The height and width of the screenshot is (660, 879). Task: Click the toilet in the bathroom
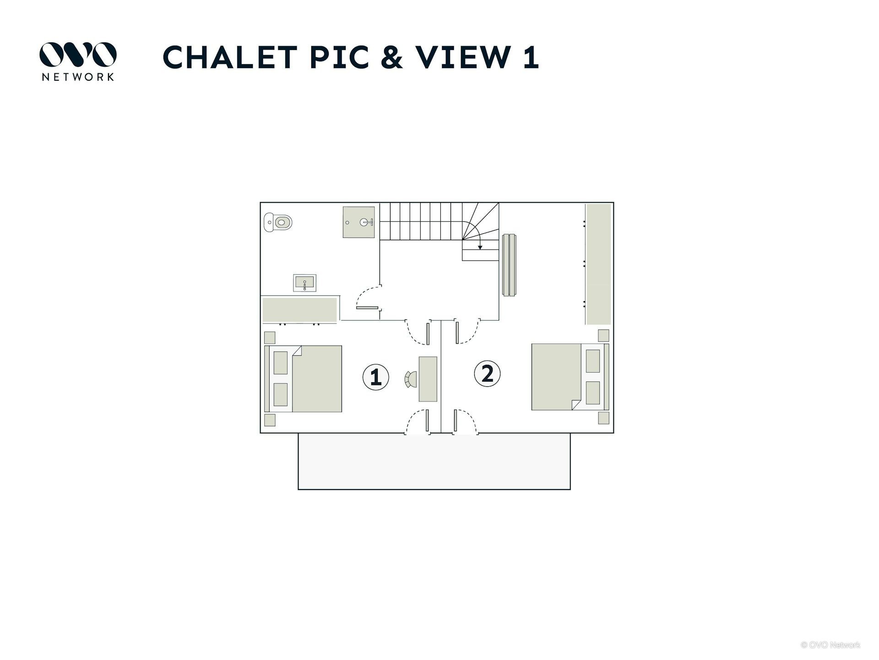(278, 222)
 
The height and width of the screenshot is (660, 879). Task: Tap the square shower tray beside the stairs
(358, 222)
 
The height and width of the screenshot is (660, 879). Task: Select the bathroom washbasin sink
(304, 283)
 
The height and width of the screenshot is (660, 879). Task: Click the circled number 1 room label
(375, 377)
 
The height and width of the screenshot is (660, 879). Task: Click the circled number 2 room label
(487, 374)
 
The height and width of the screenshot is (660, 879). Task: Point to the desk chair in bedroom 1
(411, 379)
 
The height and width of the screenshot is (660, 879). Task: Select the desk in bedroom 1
(428, 379)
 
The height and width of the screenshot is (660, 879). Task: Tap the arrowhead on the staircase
(480, 247)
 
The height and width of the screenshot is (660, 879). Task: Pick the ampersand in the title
(391, 58)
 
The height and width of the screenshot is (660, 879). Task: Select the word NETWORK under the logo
(78, 77)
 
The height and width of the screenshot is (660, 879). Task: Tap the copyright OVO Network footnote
(830, 645)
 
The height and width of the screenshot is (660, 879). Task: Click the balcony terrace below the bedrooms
(434, 461)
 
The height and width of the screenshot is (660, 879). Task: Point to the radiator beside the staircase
(509, 265)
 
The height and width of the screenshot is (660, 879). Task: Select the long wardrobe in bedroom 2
(598, 264)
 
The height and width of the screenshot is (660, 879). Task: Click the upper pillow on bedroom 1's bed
(281, 363)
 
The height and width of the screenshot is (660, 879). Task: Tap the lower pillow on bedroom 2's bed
(593, 393)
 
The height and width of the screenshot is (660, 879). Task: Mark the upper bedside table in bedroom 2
(603, 335)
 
